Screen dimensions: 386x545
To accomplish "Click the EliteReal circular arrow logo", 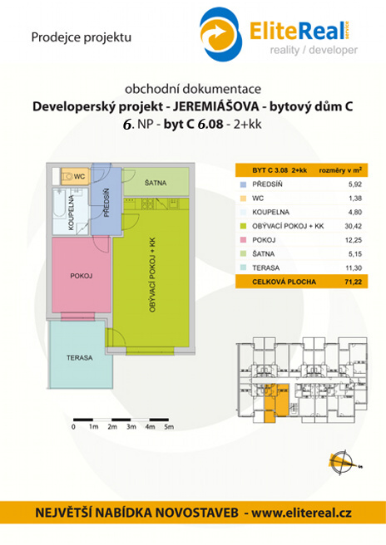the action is (220, 34).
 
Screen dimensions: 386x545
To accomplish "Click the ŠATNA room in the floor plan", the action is (156, 182).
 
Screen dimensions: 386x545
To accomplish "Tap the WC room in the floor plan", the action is (76, 176).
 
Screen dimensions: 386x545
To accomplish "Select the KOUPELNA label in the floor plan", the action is (72, 213).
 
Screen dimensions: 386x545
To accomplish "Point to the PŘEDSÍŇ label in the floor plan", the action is (106, 203).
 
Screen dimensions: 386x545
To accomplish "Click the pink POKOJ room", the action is (81, 275).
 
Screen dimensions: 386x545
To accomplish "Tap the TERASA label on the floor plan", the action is (80, 357).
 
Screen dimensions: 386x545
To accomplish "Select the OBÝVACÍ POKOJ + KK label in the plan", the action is (152, 275).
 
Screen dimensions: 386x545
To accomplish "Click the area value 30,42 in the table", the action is (354, 226).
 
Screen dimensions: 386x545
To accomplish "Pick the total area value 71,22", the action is (354, 282).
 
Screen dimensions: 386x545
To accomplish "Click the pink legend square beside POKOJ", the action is (243, 240).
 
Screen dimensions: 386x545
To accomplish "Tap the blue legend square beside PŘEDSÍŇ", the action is (243, 184).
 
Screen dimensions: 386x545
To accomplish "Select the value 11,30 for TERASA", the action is (354, 268).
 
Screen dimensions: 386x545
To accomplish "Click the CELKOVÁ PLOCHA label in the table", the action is (284, 282).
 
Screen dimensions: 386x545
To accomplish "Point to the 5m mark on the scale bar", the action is (169, 427).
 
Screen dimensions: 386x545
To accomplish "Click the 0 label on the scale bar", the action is (73, 427).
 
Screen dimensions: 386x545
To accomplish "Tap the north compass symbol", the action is (342, 463).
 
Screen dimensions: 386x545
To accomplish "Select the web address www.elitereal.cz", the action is (301, 513).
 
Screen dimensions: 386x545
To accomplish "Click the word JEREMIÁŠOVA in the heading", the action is (215, 106).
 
